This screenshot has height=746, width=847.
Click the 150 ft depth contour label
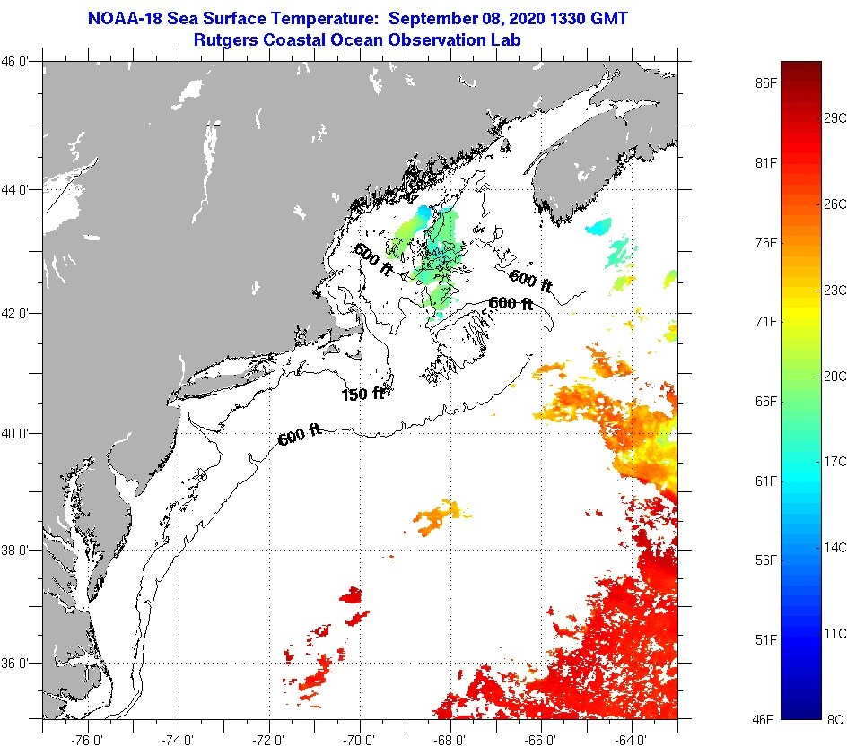click(x=362, y=394)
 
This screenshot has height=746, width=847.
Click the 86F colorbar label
click(x=765, y=83)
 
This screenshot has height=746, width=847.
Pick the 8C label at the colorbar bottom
click(x=835, y=719)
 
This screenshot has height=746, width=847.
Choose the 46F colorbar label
click(x=765, y=719)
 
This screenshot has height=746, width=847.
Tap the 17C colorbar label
click(x=835, y=461)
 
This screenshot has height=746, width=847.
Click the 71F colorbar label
click(x=765, y=322)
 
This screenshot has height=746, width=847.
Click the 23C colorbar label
click(x=835, y=290)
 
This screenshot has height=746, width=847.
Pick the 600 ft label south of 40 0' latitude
click(x=300, y=436)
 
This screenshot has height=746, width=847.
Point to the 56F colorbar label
click(x=765, y=560)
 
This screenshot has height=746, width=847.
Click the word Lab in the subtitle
click(x=507, y=40)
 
